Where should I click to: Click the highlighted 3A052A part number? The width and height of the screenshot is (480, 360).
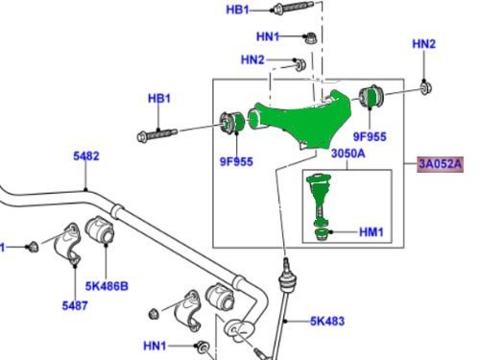coord(440,164)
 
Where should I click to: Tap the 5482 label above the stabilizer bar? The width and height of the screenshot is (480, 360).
coord(86,156)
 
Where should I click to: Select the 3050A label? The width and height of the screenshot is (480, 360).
coord(348,154)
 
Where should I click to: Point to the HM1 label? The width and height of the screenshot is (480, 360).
coord(372,232)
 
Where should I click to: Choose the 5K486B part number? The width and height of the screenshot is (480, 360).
coord(107,286)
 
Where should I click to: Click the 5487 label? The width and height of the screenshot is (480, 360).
coord(75,305)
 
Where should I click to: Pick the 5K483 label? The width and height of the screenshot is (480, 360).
coord(327,321)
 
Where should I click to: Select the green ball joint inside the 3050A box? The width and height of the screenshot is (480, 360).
coord(319,199)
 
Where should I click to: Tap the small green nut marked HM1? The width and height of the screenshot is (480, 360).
coord(322,234)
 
